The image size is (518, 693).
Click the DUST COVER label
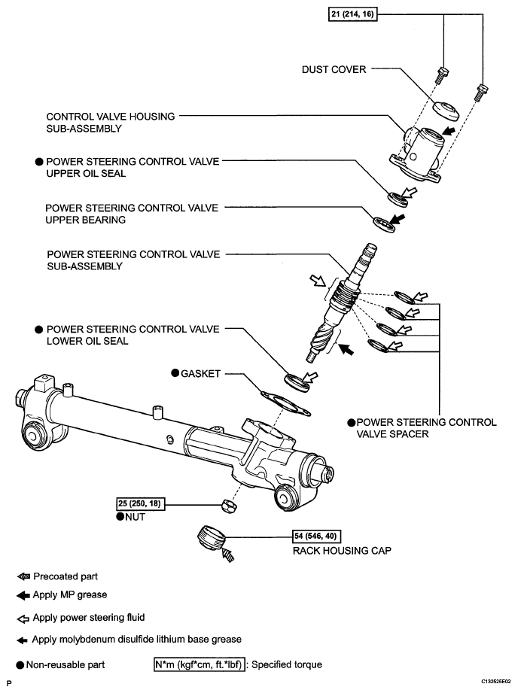[x=333, y=69]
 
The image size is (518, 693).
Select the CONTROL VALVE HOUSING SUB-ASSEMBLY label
[x=111, y=123]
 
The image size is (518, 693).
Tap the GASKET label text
[x=201, y=372]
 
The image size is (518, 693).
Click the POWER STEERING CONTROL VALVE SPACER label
[x=422, y=427]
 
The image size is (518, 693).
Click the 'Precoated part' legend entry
[x=65, y=577]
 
